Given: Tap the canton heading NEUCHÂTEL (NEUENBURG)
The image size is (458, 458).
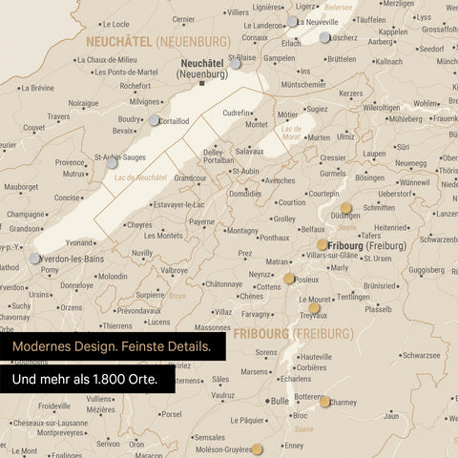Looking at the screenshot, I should pyautogui.click(x=157, y=42).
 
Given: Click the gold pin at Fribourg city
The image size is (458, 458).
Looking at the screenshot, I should pyautogui.click(x=323, y=245).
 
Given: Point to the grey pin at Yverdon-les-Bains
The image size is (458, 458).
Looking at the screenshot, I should pyautogui.click(x=35, y=258).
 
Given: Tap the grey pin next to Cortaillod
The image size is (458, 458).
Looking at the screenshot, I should pyautogui.click(x=154, y=120).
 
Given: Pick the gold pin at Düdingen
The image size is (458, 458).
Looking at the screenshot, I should pyautogui.click(x=345, y=205).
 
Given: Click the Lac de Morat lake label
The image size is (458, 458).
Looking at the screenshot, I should pyautogui.click(x=292, y=132).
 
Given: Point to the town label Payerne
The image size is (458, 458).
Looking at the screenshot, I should pyautogui.click(x=201, y=221).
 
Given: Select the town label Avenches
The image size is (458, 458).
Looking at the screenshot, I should pyautogui.click(x=280, y=179).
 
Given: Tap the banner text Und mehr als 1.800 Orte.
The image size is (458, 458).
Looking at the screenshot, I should pyautogui.click(x=84, y=380).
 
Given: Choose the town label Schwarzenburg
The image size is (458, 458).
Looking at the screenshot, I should pyautogui.click(x=426, y=239).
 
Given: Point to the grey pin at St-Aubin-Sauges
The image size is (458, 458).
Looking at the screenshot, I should pyautogui.click(x=112, y=164).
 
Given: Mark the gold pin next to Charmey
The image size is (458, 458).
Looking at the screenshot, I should pyautogui.click(x=325, y=402).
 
